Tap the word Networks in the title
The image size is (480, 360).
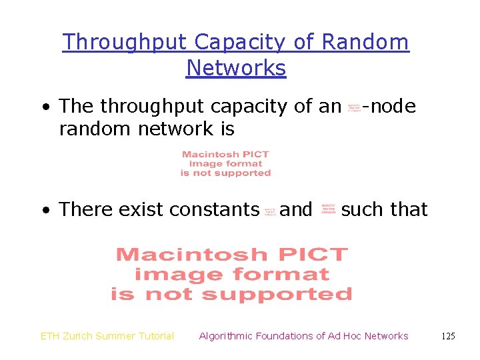236,68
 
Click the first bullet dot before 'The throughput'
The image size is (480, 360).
44,107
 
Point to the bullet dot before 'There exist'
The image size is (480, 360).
44,211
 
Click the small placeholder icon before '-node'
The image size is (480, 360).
354,107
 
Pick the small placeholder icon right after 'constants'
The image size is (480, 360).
270,211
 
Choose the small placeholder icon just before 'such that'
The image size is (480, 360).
329,210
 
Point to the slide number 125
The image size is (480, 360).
448,336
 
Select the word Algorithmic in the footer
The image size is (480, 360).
226,336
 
